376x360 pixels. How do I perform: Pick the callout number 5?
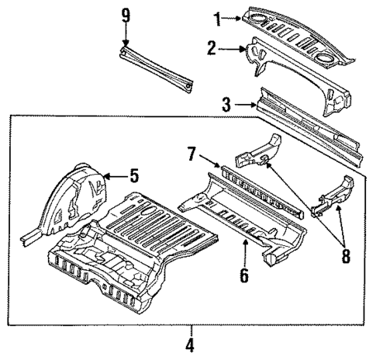(133, 176)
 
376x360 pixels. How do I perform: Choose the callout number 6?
(243, 272)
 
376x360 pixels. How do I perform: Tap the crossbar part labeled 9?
(155, 66)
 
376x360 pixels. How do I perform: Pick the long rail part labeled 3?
(310, 124)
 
